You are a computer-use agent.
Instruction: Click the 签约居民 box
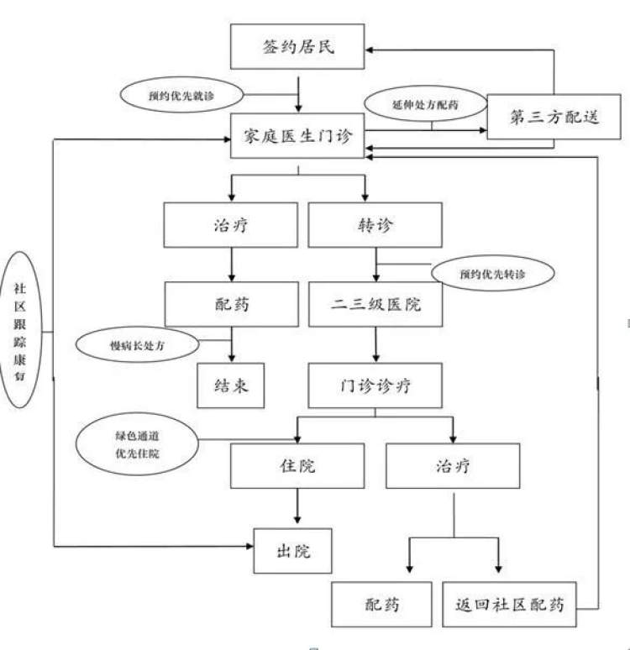click(297, 46)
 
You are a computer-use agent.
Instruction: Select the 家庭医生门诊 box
click(297, 135)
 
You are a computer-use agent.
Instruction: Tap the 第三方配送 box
click(554, 117)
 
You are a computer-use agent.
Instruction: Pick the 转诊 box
click(375, 226)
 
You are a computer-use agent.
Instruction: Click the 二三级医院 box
click(375, 304)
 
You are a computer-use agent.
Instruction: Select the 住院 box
click(297, 465)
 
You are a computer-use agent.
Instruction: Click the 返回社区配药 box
click(510, 604)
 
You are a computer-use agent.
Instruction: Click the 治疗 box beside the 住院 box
click(453, 465)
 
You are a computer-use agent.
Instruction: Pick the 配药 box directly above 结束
click(231, 304)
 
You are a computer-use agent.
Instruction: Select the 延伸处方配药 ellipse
click(426, 107)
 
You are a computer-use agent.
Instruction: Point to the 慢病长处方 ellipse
click(137, 344)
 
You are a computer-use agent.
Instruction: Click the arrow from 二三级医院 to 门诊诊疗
click(375, 344)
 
